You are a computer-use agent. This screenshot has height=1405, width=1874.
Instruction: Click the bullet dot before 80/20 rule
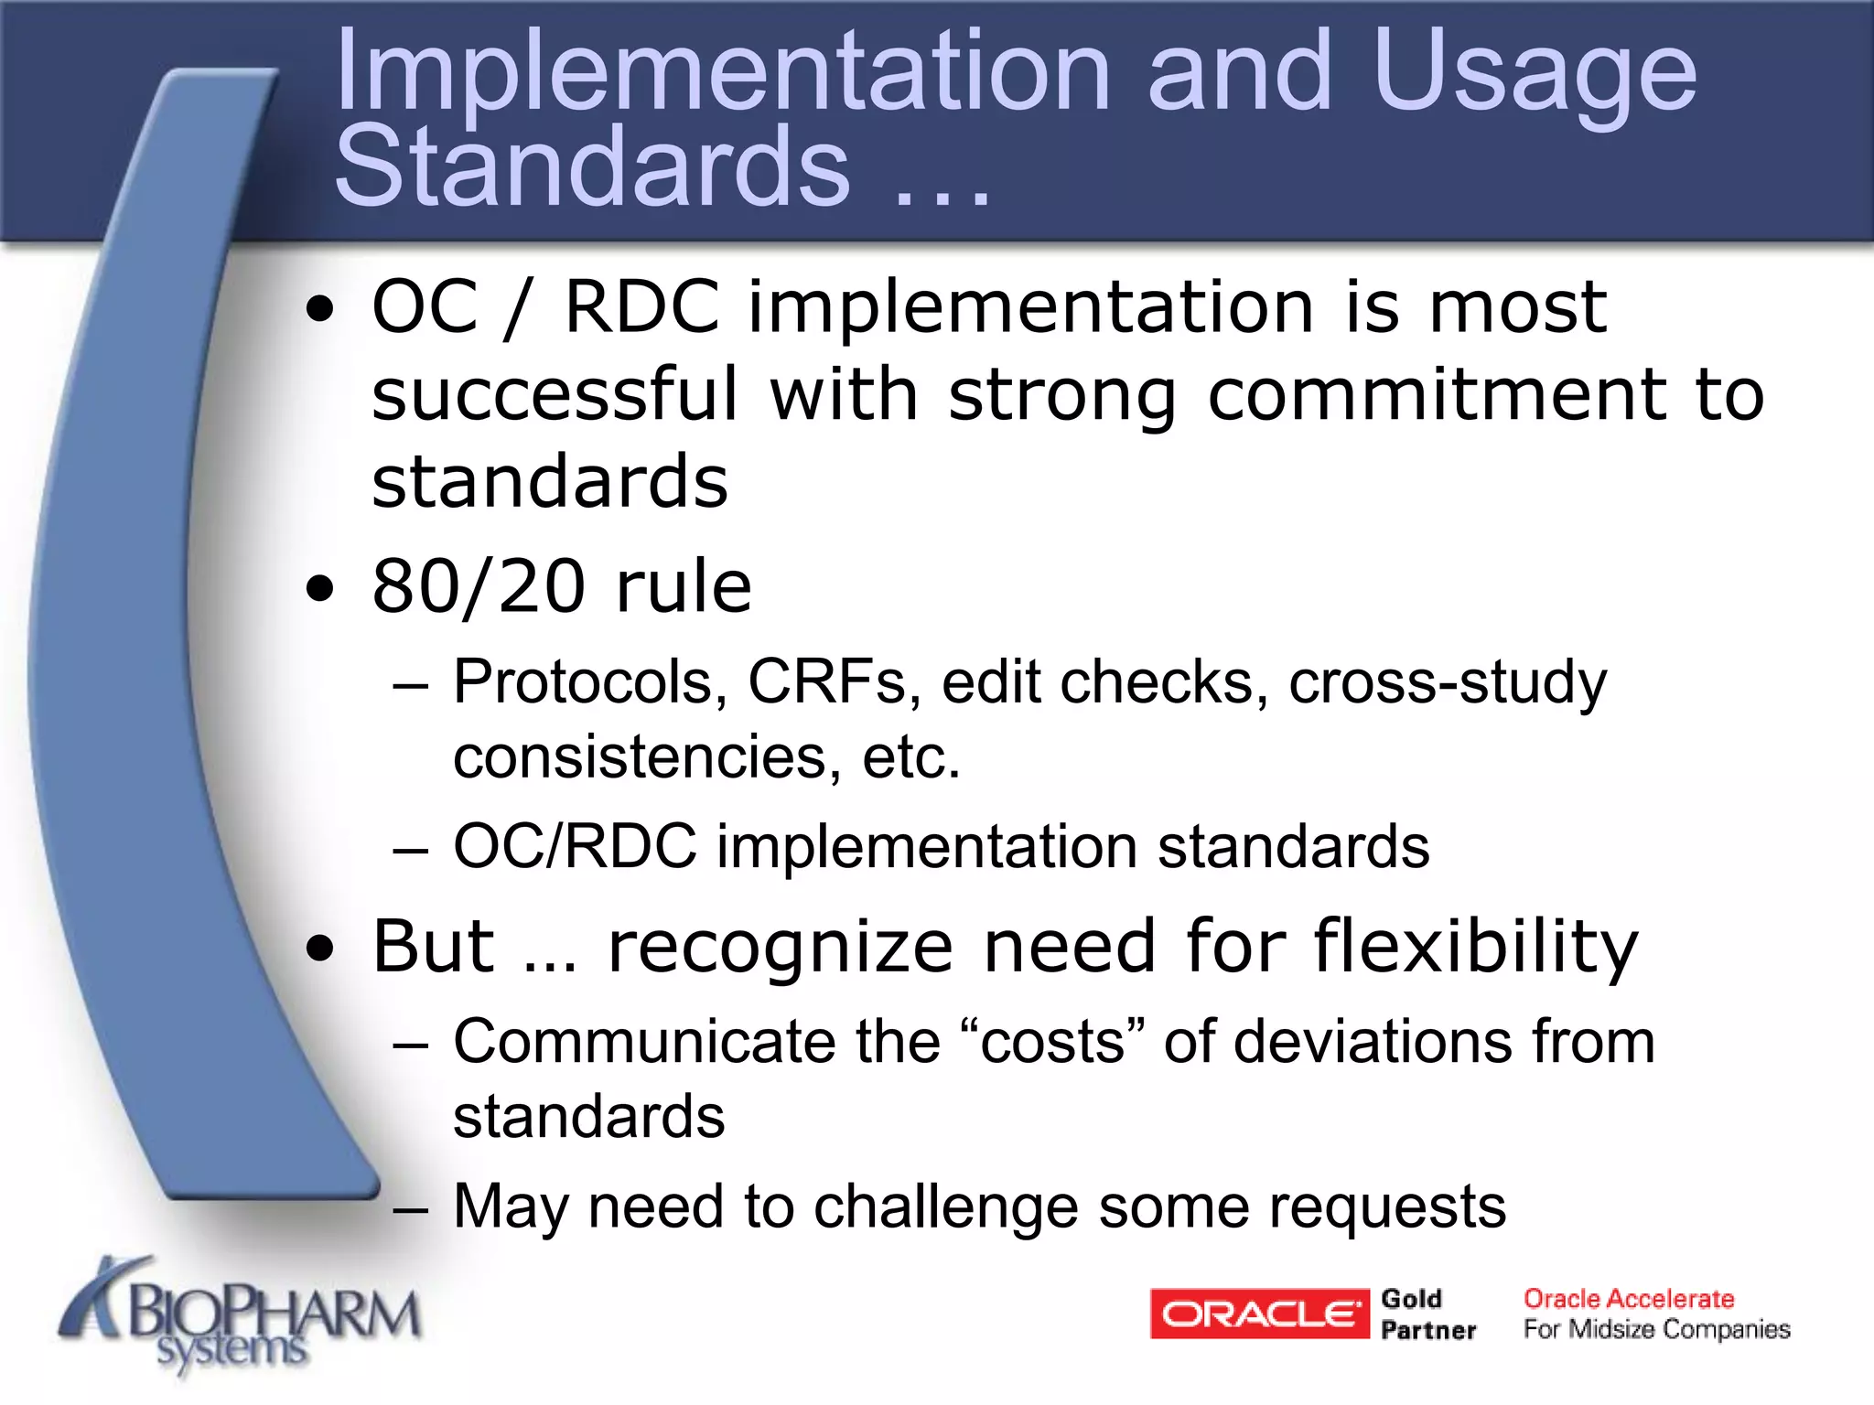(320, 589)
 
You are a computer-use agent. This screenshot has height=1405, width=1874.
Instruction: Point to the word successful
(555, 395)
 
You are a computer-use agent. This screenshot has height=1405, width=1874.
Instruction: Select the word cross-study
(1447, 682)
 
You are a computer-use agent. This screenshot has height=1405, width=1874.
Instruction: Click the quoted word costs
(1052, 1043)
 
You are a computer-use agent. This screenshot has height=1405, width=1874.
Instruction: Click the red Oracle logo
(1259, 1314)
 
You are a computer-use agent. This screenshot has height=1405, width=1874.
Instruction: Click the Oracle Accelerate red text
(1629, 1299)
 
